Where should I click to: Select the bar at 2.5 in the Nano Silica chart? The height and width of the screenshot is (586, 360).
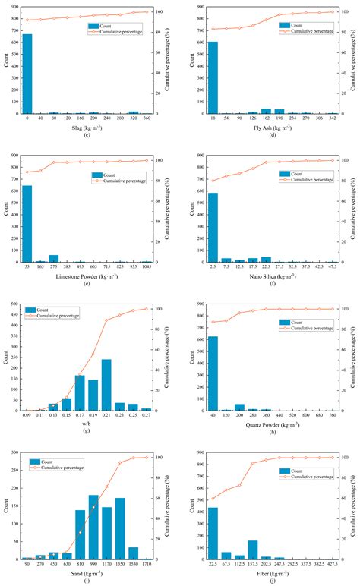(213, 228)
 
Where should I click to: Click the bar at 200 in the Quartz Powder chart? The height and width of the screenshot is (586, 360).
(239, 407)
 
